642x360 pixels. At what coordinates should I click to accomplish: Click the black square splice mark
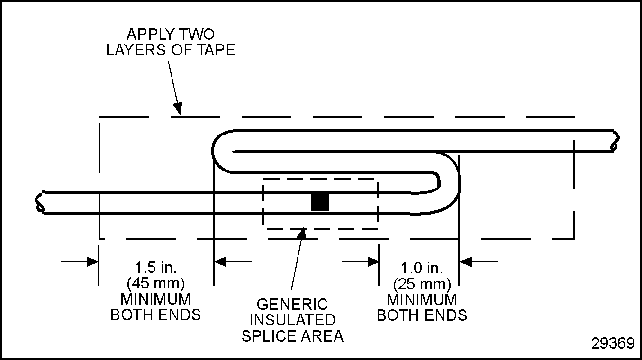tap(320, 202)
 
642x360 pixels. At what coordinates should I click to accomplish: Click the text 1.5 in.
tap(156, 268)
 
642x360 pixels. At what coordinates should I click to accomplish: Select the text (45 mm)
tap(156, 283)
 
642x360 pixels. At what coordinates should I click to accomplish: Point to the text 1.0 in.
tap(422, 268)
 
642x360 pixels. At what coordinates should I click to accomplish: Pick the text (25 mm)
tap(422, 284)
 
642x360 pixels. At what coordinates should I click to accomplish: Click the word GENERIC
tap(292, 304)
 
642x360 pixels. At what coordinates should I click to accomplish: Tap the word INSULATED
tap(292, 320)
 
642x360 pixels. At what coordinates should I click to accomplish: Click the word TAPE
tap(216, 50)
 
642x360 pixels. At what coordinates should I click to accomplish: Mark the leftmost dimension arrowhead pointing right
tap(92, 261)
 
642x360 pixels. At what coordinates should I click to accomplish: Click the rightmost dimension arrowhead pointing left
tap(465, 261)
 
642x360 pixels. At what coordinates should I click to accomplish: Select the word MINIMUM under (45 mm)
tap(156, 299)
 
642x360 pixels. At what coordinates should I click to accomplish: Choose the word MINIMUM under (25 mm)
tap(422, 300)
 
